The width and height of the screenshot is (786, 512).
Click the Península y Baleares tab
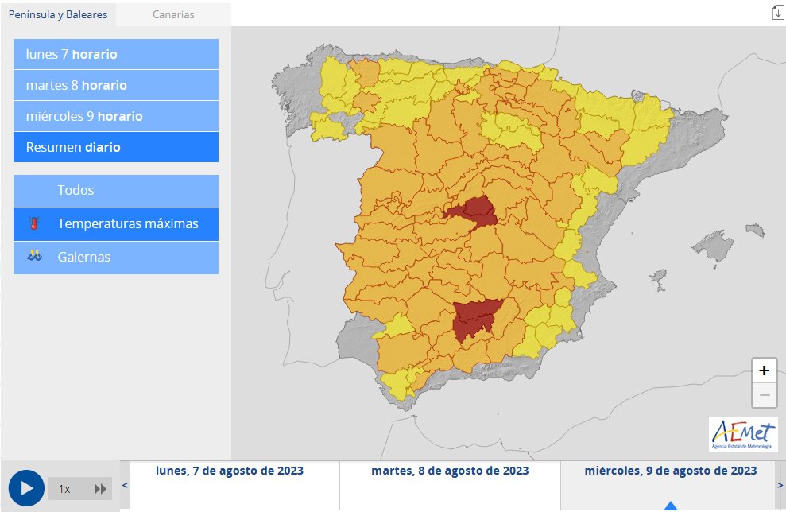[x=58, y=14]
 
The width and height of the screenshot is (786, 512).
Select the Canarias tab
[x=173, y=14]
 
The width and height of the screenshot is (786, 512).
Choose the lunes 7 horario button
[x=116, y=54]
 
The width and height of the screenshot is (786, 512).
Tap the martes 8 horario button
[x=116, y=85]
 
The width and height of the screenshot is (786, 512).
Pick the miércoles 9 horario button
[x=116, y=116]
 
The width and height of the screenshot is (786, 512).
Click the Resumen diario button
[x=116, y=147]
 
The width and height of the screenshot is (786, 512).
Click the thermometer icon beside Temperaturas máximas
[x=33, y=224]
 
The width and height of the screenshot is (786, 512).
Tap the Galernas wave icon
[x=33, y=257]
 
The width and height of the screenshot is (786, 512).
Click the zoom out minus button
[x=764, y=394]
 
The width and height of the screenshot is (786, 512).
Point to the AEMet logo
[x=743, y=434]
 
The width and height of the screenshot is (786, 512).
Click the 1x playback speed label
[x=64, y=489]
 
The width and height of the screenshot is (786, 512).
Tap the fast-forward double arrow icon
[x=100, y=489]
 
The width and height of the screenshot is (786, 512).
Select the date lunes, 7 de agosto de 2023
[x=230, y=471]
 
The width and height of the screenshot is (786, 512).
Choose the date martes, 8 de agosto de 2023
[x=450, y=471]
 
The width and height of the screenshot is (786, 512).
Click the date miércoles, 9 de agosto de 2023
[x=670, y=471]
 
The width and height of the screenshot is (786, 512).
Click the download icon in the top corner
[x=777, y=12]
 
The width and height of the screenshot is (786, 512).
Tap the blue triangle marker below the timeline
[x=671, y=506]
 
